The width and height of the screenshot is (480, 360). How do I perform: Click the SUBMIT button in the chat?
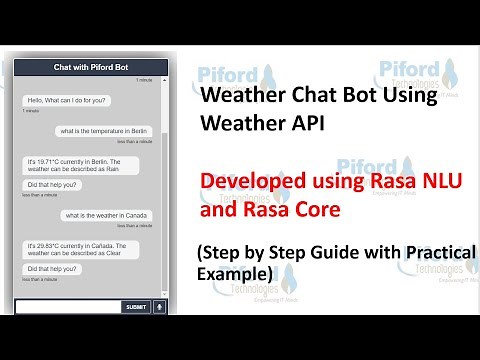135,307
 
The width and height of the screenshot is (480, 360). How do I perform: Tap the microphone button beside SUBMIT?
158,307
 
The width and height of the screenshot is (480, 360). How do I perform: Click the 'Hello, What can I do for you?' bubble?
67,100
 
